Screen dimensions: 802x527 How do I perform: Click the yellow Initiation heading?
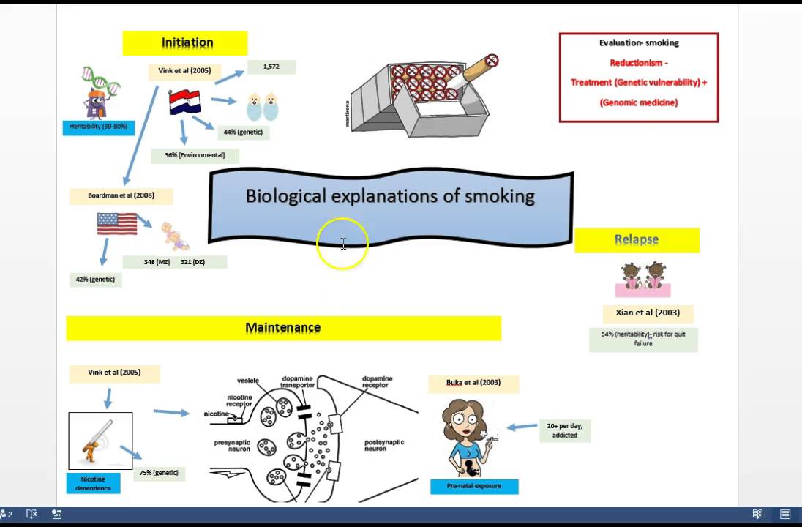187,43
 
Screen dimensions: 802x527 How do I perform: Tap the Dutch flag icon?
185,102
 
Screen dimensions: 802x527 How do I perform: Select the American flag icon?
117,223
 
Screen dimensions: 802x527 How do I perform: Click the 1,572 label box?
271,67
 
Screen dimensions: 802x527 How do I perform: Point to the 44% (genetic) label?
243,132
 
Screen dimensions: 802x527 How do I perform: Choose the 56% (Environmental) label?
195,155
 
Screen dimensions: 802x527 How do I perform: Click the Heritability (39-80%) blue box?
98,127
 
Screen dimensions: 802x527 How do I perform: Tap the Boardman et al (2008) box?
121,196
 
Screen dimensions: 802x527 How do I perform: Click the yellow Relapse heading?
637,239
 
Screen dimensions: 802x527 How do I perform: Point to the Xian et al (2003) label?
648,313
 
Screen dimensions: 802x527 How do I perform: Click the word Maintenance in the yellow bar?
282,328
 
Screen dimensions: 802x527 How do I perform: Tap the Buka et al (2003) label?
474,383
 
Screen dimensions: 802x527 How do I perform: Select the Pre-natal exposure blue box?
474,486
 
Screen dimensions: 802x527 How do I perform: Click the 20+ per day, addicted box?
565,430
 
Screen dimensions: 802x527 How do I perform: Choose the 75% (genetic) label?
159,473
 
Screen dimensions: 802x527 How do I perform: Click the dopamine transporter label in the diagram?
298,383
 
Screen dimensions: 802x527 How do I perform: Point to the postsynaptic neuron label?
384,445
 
